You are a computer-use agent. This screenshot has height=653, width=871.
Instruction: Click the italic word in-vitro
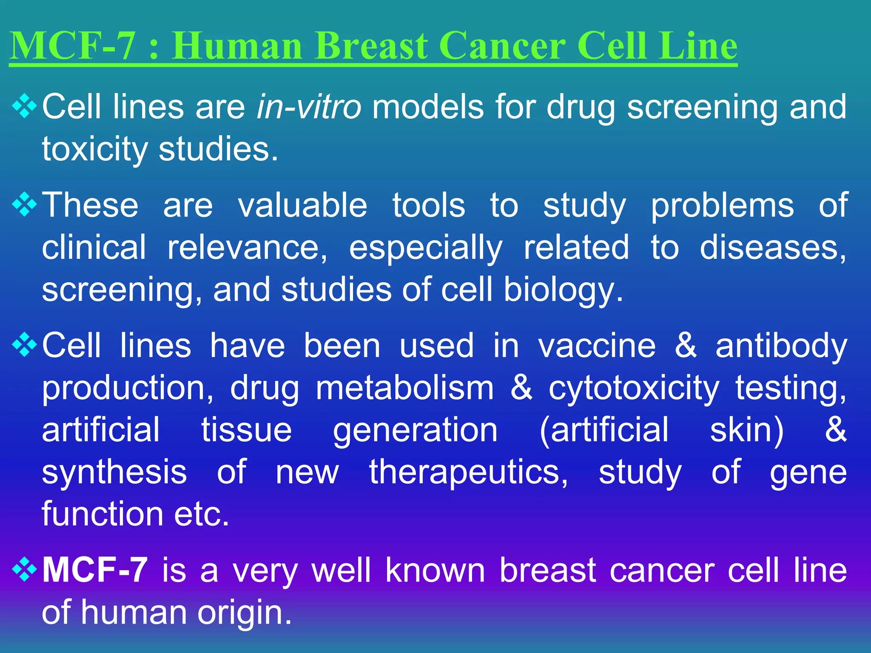click(x=309, y=107)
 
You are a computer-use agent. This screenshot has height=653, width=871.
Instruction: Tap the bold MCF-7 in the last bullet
click(x=95, y=570)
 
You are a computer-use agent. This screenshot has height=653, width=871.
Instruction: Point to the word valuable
click(x=302, y=205)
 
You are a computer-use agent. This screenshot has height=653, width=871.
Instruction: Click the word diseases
click(x=773, y=247)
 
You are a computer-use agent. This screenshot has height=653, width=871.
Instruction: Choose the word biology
click(x=563, y=290)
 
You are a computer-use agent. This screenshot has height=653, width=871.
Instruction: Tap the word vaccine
click(x=598, y=346)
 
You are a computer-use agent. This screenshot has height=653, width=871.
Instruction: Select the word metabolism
click(x=405, y=388)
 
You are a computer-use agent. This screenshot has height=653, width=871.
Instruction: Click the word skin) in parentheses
click(x=747, y=430)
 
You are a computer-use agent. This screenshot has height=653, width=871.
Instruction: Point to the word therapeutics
click(x=469, y=472)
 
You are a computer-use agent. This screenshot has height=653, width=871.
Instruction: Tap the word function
click(x=102, y=514)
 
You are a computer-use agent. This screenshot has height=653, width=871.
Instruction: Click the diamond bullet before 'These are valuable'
click(x=24, y=204)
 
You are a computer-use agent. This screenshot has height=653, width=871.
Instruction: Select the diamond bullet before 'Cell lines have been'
click(x=24, y=345)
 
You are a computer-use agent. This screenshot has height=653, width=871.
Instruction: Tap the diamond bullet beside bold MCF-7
click(x=24, y=570)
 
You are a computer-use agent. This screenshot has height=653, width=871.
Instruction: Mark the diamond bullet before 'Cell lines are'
click(x=24, y=106)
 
